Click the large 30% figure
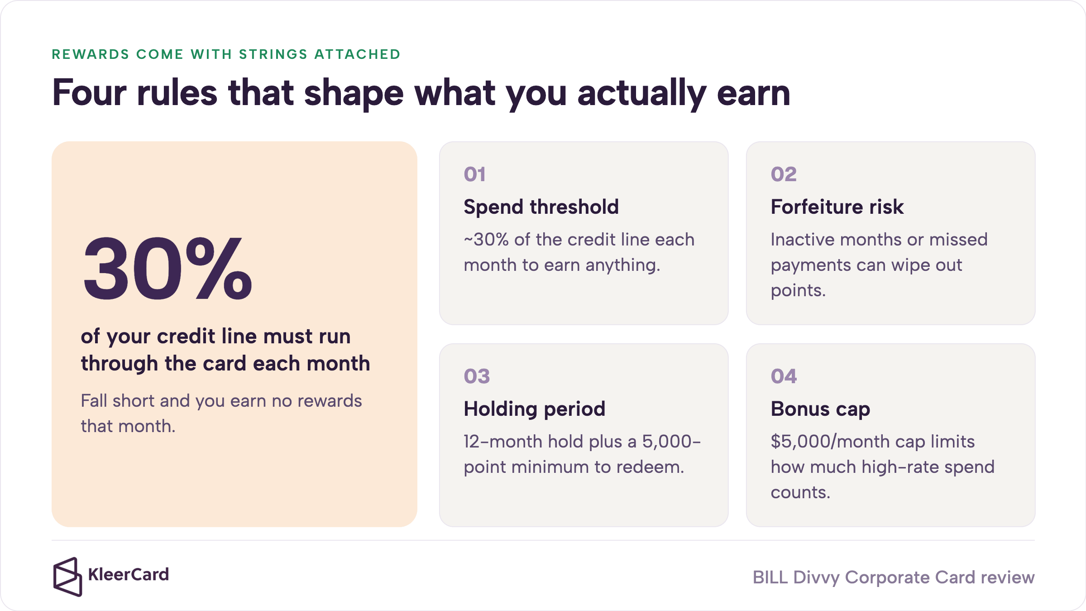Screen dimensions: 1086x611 [167, 269]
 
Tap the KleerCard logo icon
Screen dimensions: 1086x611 [67, 577]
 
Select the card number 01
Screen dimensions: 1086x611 [474, 174]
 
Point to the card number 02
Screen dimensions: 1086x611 [784, 174]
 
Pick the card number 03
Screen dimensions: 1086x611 [477, 376]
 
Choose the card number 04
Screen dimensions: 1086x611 [784, 376]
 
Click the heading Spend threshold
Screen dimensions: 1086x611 [541, 207]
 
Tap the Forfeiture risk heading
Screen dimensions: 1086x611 [837, 207]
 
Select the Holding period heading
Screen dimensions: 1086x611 [534, 409]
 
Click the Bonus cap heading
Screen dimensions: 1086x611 [820, 409]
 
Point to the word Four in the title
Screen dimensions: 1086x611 [90, 93]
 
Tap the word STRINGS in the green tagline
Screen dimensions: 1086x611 [273, 54]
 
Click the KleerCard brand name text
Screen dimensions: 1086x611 [129, 575]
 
